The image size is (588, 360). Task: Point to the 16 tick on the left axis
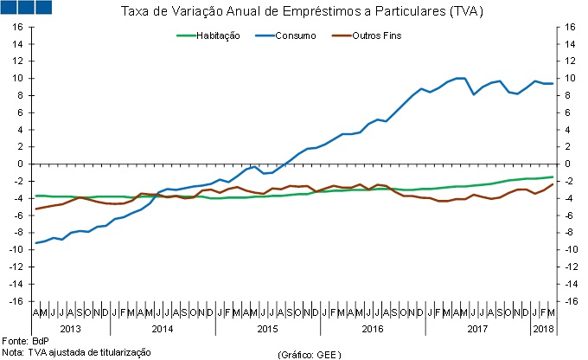pyautogui.click(x=17, y=27)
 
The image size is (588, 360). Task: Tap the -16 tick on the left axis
pyautogui.click(x=16, y=300)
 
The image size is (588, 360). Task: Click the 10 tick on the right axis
pyautogui.click(x=569, y=78)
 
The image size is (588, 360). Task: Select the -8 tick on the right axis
pyautogui.click(x=568, y=232)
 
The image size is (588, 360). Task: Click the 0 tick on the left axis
pyautogui.click(x=21, y=164)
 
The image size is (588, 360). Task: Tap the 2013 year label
pyautogui.click(x=71, y=330)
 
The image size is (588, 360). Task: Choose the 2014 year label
pyautogui.click(x=163, y=330)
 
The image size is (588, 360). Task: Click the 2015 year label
pyautogui.click(x=267, y=330)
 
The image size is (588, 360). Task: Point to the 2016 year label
pyautogui.click(x=372, y=330)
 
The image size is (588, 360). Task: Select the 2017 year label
pyautogui.click(x=476, y=330)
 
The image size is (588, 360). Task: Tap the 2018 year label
pyautogui.click(x=542, y=330)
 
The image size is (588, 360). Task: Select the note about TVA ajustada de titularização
pyautogui.click(x=76, y=352)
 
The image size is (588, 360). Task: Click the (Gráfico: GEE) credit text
pyautogui.click(x=310, y=354)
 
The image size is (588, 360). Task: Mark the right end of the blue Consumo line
pyautogui.click(x=553, y=84)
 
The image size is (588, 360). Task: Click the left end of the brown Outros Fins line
pyautogui.click(x=35, y=209)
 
